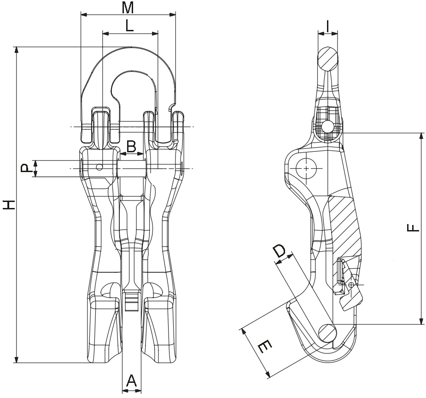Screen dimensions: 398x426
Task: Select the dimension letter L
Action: coord(129,26)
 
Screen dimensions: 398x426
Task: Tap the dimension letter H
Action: coord(8,205)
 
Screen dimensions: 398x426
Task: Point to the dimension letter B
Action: coord(131,147)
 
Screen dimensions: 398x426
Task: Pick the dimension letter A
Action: coord(131,381)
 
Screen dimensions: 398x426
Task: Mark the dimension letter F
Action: coord(413,228)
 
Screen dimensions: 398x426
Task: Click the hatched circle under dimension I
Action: coord(327,59)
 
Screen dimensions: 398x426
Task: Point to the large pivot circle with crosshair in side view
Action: coord(306,168)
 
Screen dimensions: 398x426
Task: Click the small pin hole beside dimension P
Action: coord(99,167)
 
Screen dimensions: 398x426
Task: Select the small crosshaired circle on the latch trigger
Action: coord(351,285)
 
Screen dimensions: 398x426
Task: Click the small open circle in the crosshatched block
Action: coord(327,126)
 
